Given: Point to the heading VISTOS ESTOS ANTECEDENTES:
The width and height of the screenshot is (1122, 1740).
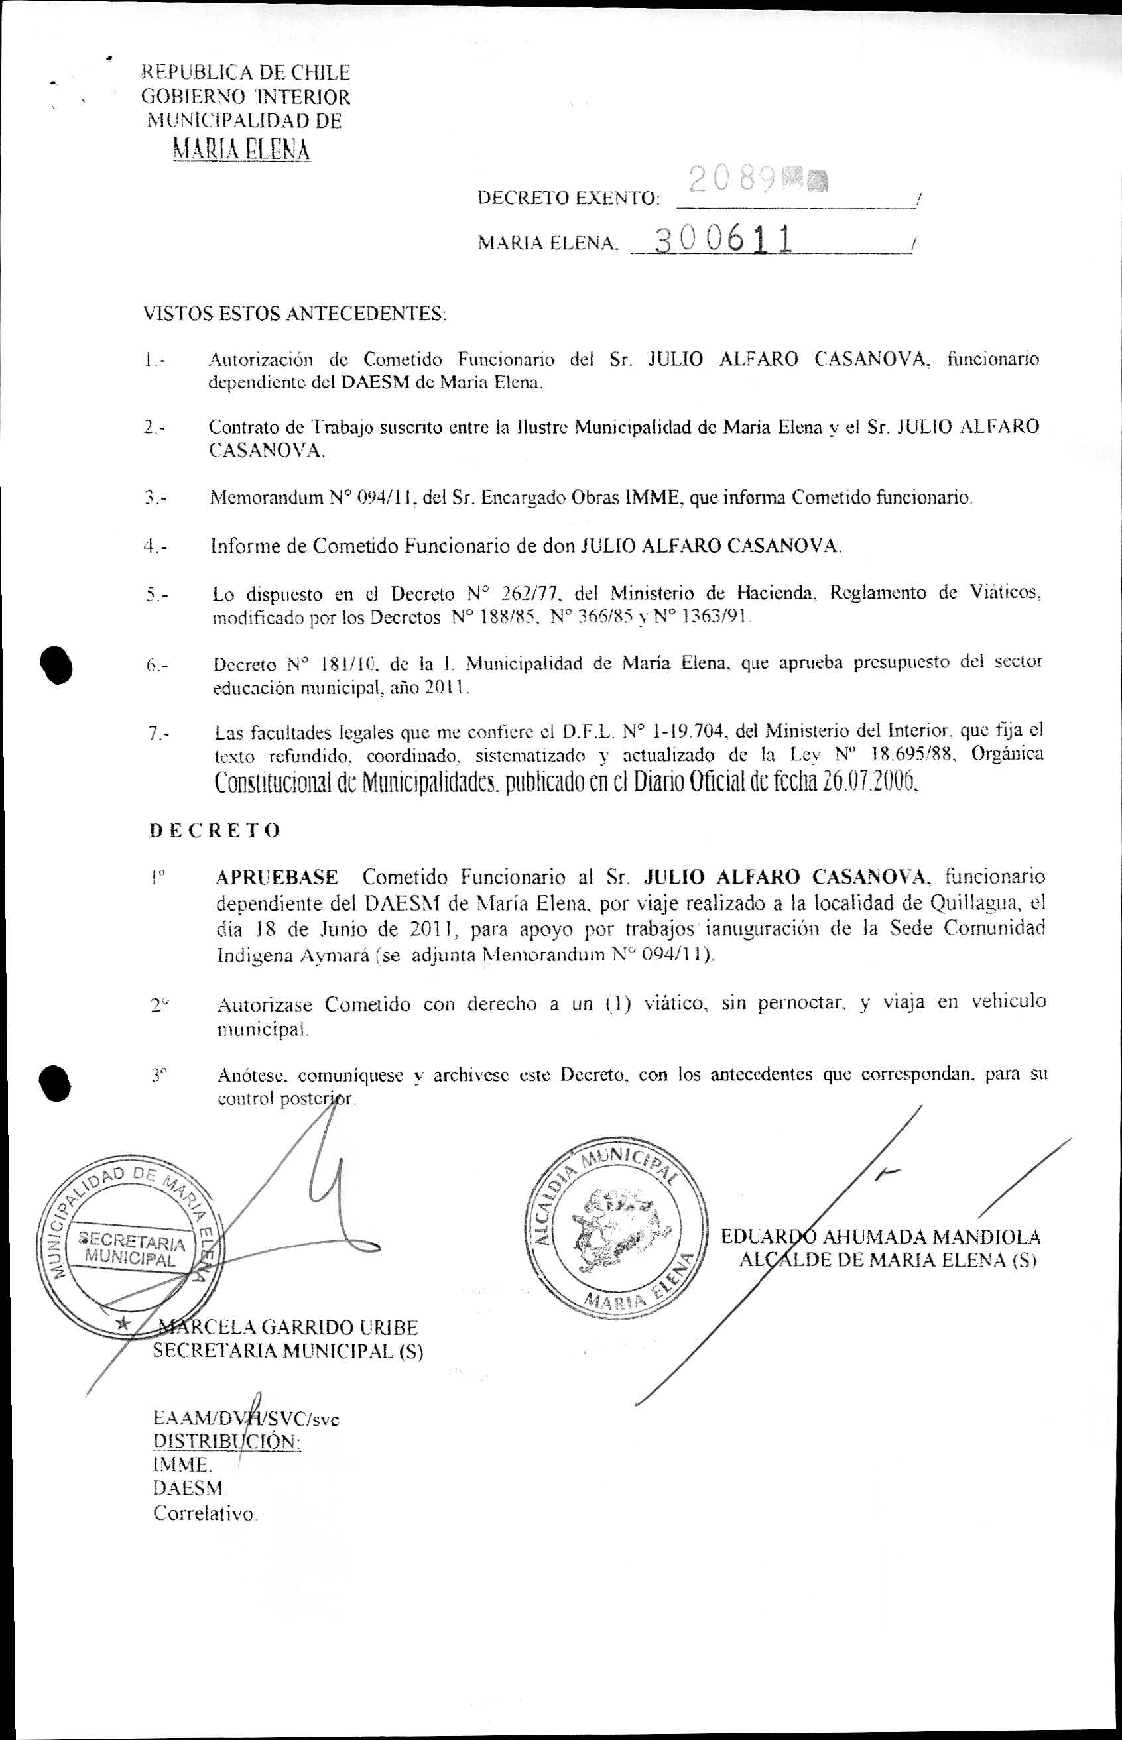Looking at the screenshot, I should point(294,314).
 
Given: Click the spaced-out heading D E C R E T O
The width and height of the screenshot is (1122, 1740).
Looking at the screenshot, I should point(215,831).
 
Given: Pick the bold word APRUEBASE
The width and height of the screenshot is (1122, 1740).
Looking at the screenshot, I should point(277,876).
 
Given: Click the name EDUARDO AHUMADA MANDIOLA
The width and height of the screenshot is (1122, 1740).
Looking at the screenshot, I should point(881,1237).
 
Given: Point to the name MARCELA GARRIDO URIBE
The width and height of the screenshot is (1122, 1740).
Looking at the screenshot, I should point(288,1327).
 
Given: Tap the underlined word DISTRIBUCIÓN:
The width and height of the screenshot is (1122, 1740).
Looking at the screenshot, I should point(227,1441).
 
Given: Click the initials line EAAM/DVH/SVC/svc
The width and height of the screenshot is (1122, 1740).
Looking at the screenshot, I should point(246,1419).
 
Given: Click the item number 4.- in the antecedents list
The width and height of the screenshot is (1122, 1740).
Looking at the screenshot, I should point(155,546).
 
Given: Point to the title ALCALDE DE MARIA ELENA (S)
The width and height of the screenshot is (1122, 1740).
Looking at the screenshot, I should point(887,1260).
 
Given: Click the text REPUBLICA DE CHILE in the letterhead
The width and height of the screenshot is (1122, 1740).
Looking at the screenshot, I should point(245,73).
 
